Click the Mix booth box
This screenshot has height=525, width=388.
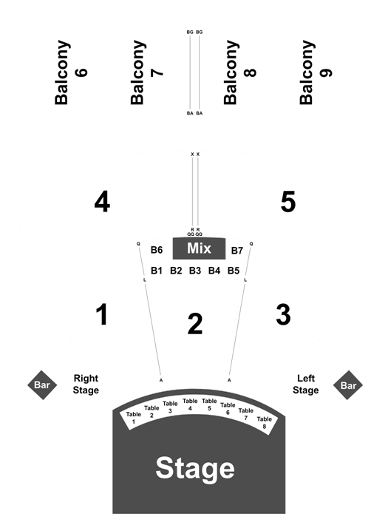click(199, 248)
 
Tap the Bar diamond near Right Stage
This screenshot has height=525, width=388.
click(42, 385)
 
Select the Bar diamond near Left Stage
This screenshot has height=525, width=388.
click(348, 385)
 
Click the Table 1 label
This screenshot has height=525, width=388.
click(133, 418)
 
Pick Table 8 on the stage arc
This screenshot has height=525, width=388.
click(264, 422)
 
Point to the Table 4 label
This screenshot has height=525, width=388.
click(190, 404)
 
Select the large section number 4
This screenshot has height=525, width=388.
click(102, 202)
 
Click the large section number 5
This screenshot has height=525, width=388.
click(288, 202)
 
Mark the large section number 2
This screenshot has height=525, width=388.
click(195, 324)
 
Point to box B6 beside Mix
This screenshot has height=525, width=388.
click(157, 250)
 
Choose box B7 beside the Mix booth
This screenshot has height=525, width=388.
click(237, 251)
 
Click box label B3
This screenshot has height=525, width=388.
click(195, 271)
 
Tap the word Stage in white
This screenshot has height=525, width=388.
click(195, 468)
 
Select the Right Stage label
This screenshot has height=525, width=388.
click(86, 385)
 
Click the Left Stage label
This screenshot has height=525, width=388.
click(306, 385)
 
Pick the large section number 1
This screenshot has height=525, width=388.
click(102, 314)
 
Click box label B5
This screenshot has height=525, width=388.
click(234, 271)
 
